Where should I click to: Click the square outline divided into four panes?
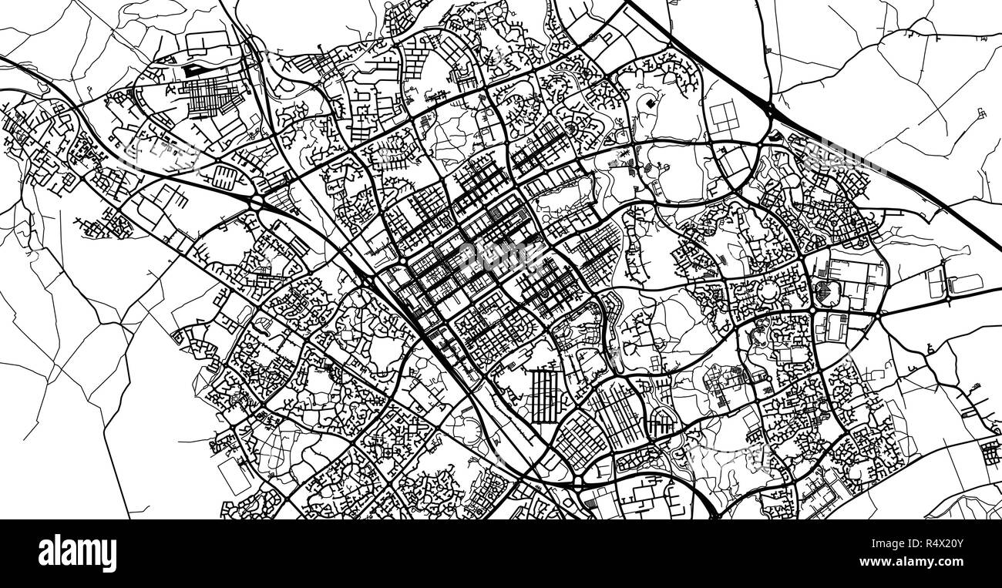(x=723, y=118)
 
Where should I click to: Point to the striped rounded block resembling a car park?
(x=227, y=175)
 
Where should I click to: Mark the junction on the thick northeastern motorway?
(x=771, y=116)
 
